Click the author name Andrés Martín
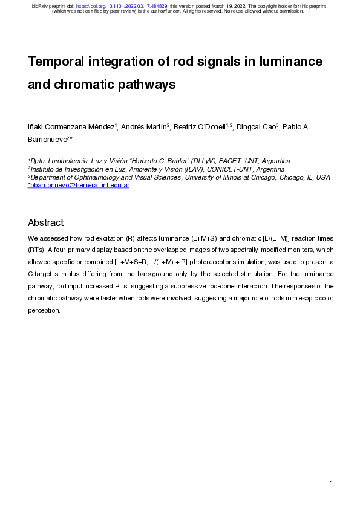point(144,128)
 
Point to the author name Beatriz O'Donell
point(199,128)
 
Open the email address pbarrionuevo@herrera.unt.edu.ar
point(79,186)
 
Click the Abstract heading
point(46,223)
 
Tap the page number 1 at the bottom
point(332,482)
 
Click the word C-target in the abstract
point(43,274)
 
